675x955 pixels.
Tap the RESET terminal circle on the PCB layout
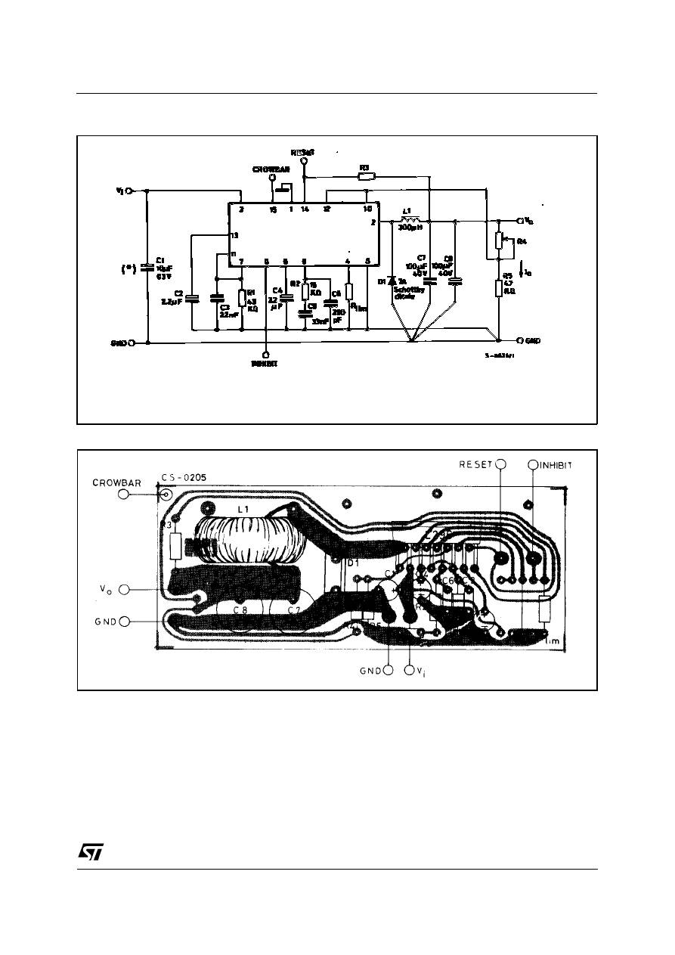pos(500,465)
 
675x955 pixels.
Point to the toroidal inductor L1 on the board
pos(249,541)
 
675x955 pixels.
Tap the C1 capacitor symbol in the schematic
pos(147,267)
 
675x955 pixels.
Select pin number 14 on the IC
pos(305,209)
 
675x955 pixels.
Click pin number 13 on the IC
pos(235,236)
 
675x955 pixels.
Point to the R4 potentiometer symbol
pos(498,240)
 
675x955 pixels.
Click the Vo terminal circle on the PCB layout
pos(125,588)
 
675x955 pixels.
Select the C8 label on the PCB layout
pos(240,609)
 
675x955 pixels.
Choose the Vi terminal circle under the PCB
pos(409,669)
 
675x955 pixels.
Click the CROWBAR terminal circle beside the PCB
pos(123,495)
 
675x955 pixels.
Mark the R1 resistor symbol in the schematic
pos(242,298)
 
